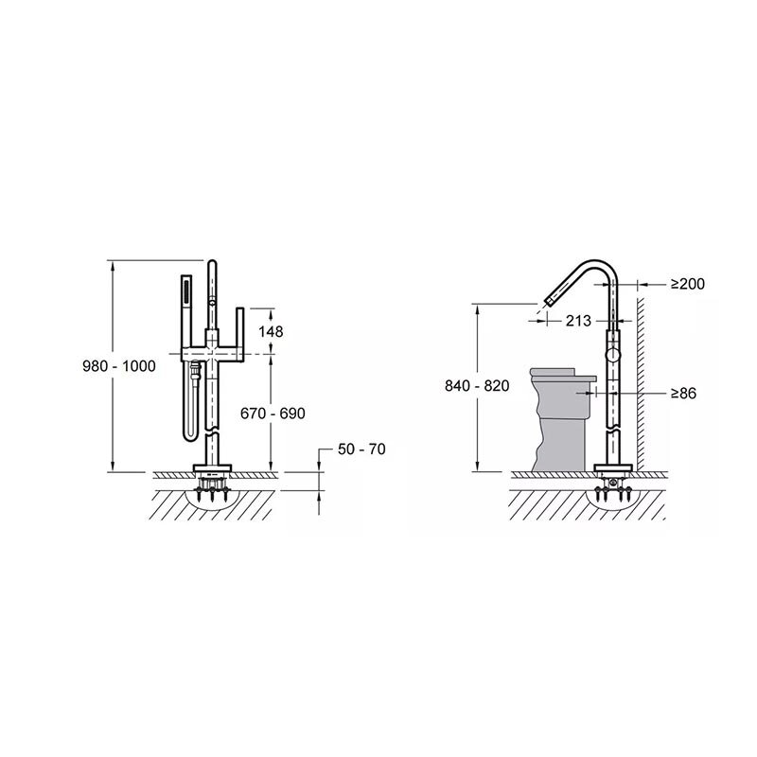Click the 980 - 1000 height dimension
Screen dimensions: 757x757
click(x=119, y=366)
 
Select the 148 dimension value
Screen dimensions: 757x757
click(x=271, y=332)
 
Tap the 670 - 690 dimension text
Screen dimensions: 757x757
click(x=273, y=414)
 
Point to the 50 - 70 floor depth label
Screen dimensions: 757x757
click(x=361, y=449)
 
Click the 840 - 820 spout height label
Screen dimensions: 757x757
click(x=477, y=386)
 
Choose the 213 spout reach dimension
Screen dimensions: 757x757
click(x=578, y=321)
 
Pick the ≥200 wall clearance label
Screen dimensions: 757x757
click(x=688, y=284)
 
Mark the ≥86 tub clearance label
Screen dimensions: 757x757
click(x=683, y=394)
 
